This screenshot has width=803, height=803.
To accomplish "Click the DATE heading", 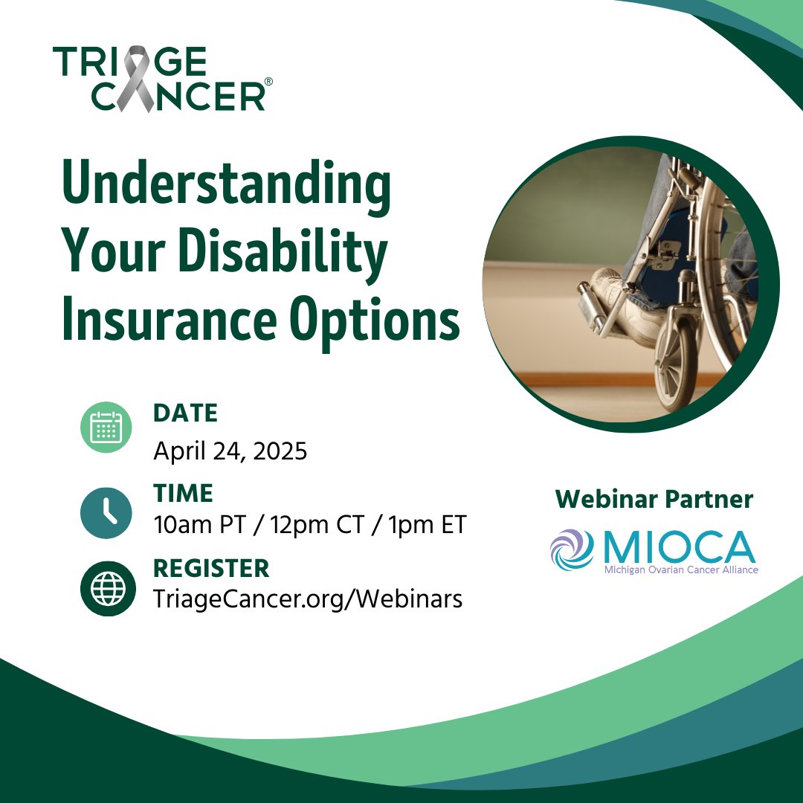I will click(185, 413).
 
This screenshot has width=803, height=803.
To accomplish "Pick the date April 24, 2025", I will click(230, 451).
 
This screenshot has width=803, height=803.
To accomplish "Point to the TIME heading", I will click(183, 493).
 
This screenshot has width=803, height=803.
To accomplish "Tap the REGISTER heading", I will click(211, 569).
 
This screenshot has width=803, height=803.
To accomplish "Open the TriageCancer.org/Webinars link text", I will click(307, 599).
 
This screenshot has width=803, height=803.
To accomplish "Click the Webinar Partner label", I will click(654, 500).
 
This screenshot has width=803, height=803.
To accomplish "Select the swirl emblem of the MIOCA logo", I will click(572, 549).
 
